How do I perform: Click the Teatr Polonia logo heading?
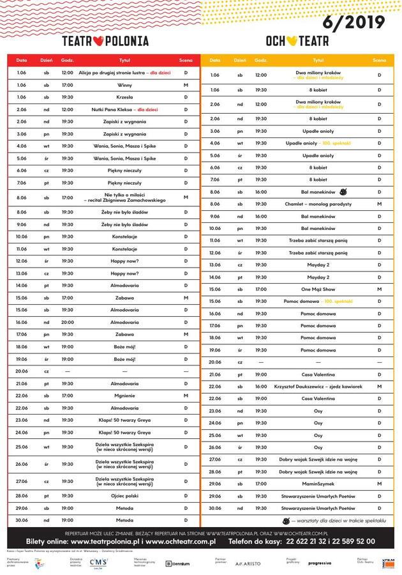pos(105,41)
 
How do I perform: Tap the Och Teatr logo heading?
pos(297,41)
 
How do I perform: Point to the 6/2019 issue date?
pos(354,24)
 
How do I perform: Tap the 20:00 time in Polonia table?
pos(67,322)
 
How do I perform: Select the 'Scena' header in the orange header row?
pos(379,60)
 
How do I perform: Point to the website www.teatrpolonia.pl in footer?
pos(106,541)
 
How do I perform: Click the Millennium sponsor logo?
pos(177,563)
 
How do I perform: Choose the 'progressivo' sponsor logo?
pos(319,563)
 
